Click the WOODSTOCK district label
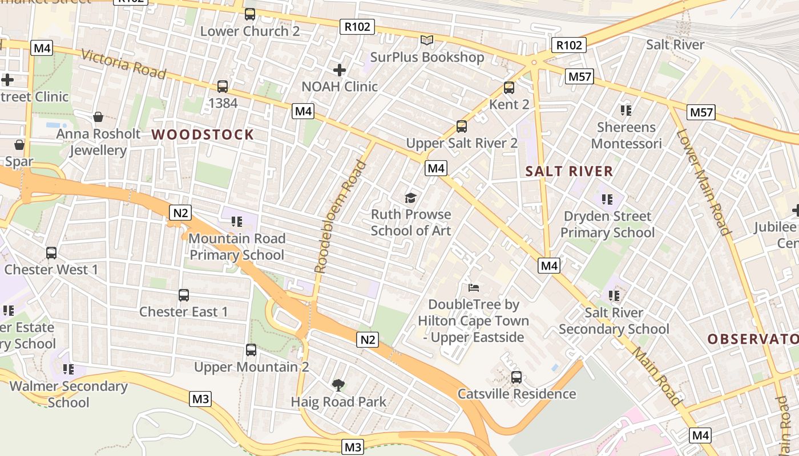(x=203, y=135)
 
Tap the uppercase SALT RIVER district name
(x=569, y=171)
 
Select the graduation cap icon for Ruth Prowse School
(x=411, y=198)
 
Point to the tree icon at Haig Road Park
(x=338, y=385)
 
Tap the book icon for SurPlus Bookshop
(x=427, y=40)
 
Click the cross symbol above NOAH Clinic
(x=340, y=70)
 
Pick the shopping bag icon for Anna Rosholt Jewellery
(x=98, y=117)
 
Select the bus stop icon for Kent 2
(x=509, y=88)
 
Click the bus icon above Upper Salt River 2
(x=462, y=126)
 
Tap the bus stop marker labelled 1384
(x=223, y=87)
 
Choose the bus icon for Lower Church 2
(x=250, y=14)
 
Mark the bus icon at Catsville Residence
(x=516, y=377)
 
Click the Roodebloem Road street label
(x=340, y=217)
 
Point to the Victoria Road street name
(x=123, y=64)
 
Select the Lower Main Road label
(x=704, y=182)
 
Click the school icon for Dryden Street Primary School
(x=607, y=199)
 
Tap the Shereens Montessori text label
(x=626, y=135)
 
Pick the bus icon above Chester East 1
(x=183, y=295)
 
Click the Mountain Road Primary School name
(x=237, y=246)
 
